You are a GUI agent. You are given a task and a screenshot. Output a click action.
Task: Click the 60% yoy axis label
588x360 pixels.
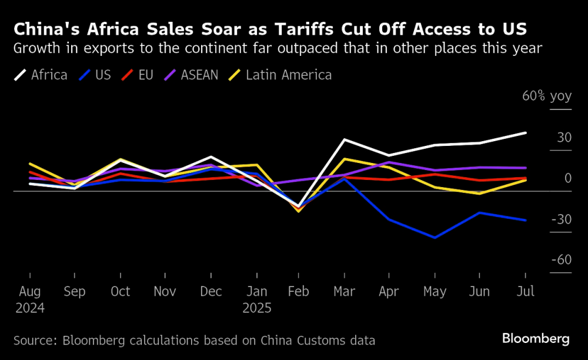click(x=546, y=96)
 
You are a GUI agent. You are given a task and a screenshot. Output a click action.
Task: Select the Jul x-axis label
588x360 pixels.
click(x=525, y=292)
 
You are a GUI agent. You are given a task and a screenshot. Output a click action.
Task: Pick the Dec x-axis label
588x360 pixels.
click(x=211, y=292)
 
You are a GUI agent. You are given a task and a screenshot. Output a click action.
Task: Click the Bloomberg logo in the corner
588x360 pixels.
click(x=536, y=339)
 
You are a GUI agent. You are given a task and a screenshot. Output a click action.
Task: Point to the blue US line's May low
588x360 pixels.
click(x=435, y=238)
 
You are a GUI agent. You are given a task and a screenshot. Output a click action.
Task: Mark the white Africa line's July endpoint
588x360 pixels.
click(x=526, y=133)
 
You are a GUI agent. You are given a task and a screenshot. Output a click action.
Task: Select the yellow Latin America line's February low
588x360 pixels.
click(x=299, y=211)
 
